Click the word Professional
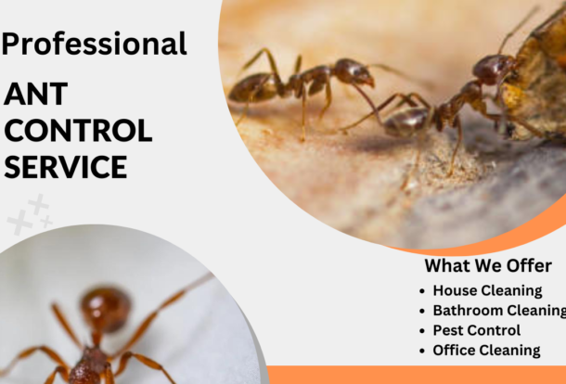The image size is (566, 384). (x=95, y=43)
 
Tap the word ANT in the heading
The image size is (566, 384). (x=36, y=95)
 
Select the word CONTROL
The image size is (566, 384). (x=78, y=131)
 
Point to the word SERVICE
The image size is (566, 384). (x=65, y=167)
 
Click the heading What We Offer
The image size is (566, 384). (x=488, y=266)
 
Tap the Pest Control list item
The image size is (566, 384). (x=476, y=330)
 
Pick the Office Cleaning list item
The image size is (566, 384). (x=486, y=351)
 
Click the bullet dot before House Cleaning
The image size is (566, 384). (x=423, y=291)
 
